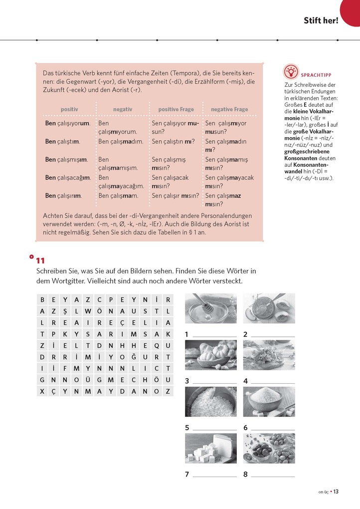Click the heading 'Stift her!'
(321, 20)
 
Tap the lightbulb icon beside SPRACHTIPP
(291, 71)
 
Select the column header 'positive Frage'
(176, 109)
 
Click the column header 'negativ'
(123, 109)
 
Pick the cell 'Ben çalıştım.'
(63, 142)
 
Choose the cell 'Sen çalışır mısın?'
(176, 196)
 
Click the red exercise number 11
(40, 260)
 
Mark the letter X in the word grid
(42, 391)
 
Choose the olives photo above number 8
(269, 448)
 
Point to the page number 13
(337, 492)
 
